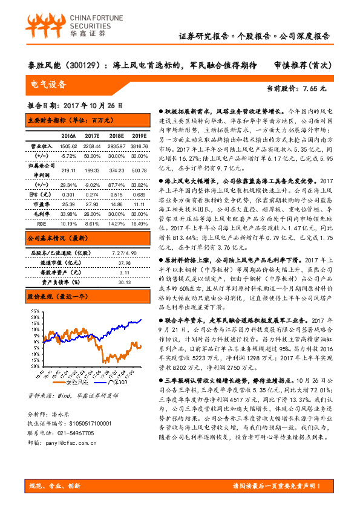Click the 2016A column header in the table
click(68, 135)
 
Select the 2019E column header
click(139, 135)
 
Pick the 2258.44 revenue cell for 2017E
click(93, 146)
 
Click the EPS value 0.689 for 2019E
click(139, 194)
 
